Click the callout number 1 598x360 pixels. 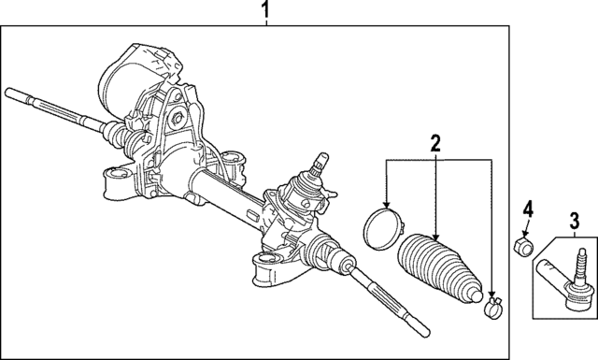pyautogui.click(x=265, y=12)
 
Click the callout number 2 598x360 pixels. pyautogui.click(x=434, y=145)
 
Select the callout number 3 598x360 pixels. pyautogui.click(x=574, y=222)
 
